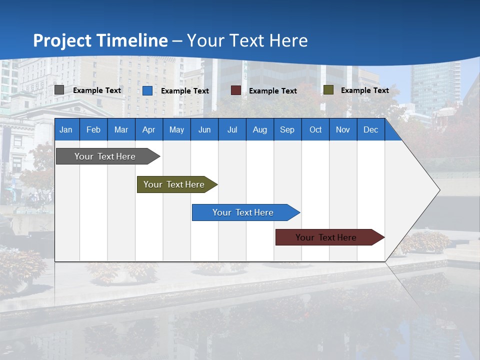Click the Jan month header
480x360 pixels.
pos(66,130)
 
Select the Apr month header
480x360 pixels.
pos(148,130)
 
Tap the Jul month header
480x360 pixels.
pos(232,130)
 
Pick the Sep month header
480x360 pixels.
pos(287,130)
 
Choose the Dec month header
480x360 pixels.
pos(370,130)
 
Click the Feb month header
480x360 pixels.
pos(93,130)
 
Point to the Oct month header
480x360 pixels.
pos(315,130)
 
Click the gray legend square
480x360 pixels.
pos(59,90)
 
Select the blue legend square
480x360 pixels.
pos(147,90)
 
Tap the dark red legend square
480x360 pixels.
pos(236,90)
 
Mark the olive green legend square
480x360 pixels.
pos(328,90)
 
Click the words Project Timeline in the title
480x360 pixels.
pos(100,40)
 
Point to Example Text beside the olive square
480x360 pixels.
pos(364,90)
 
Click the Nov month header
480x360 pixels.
pos(343,130)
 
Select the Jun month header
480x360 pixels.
pos(204,130)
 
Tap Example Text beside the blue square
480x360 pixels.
pos(184,91)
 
